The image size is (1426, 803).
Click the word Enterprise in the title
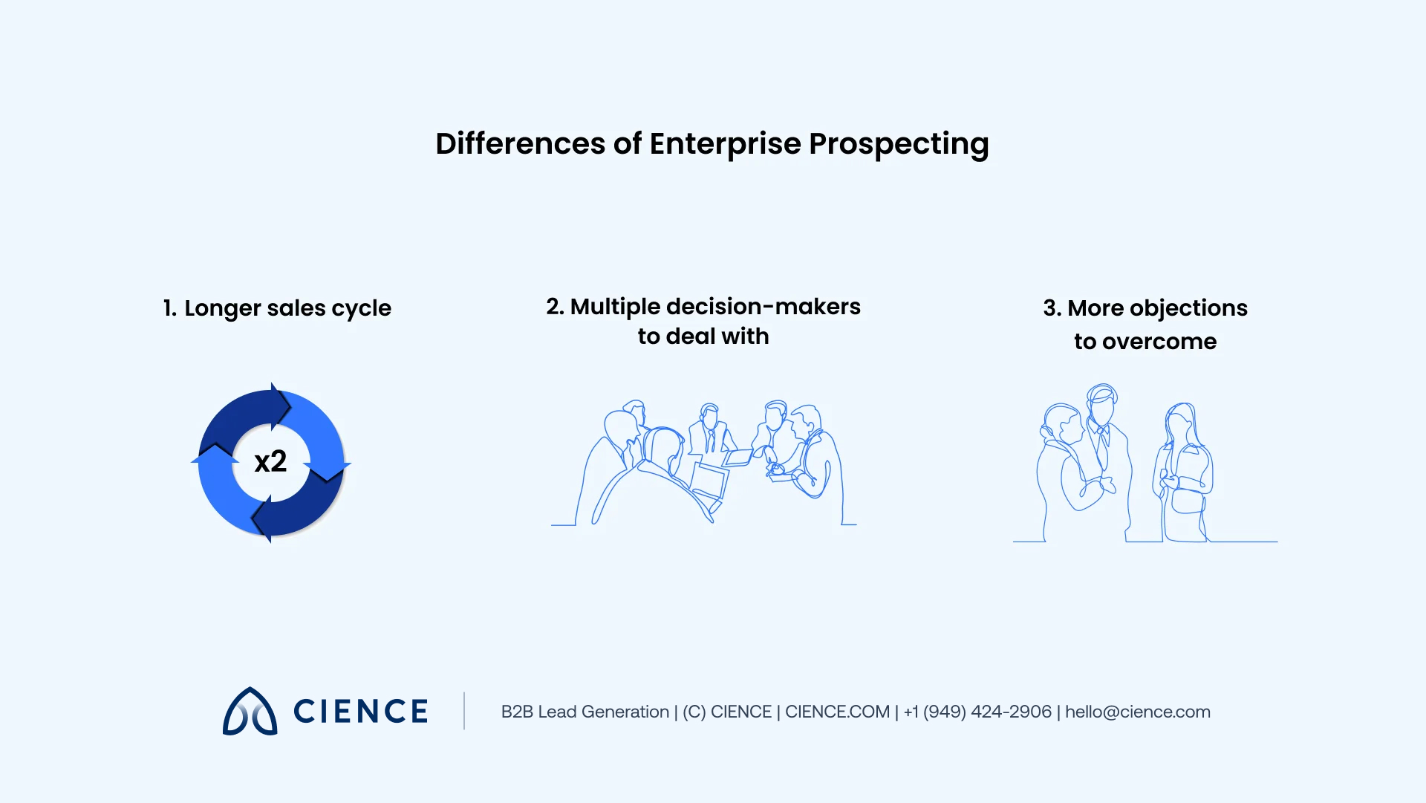(725, 144)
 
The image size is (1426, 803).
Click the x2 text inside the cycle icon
(270, 462)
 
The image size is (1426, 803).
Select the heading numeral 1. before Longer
(169, 308)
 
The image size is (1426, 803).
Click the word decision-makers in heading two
(763, 307)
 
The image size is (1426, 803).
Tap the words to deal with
(703, 337)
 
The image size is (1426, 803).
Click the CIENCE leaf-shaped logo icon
(250, 712)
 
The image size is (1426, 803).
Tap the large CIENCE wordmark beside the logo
(361, 712)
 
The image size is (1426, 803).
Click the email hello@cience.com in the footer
(1137, 712)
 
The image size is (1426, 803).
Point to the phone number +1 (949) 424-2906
(977, 712)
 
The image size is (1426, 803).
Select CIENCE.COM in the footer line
(837, 712)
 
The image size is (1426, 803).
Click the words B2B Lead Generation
(585, 712)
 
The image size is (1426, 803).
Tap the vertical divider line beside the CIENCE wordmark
(464, 711)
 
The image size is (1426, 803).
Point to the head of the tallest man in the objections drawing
(1101, 405)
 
